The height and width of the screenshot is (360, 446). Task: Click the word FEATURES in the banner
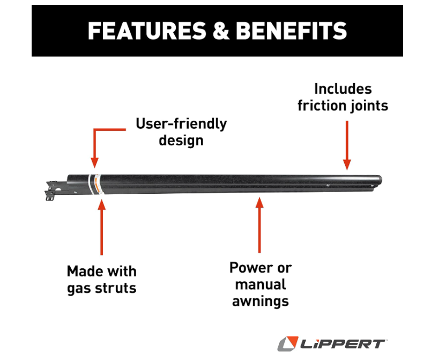(147, 31)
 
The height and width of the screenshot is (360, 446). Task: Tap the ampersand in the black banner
(221, 31)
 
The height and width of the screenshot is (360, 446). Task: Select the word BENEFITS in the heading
(292, 31)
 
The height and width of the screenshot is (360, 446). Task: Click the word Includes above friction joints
(343, 89)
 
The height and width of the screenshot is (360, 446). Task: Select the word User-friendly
(181, 124)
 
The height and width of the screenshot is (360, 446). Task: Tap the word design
(181, 141)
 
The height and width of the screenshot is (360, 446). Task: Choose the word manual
(261, 284)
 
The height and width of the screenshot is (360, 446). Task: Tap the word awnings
(261, 302)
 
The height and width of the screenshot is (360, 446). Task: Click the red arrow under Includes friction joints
(347, 145)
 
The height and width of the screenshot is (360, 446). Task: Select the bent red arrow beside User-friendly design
(95, 142)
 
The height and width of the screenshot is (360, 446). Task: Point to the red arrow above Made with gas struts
(101, 227)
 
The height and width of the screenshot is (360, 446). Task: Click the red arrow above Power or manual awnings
(259, 225)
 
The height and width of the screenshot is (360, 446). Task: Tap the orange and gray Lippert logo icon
(288, 343)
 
